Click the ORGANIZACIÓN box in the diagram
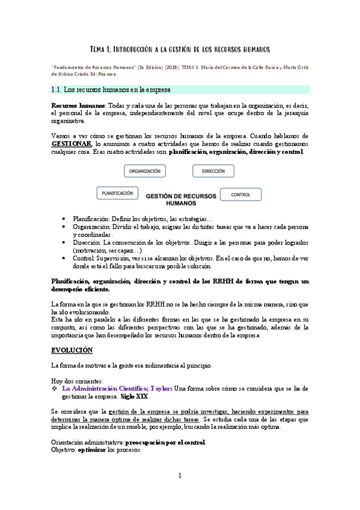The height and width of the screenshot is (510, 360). pos(145,171)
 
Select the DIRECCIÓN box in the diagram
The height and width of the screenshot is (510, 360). pos(213,171)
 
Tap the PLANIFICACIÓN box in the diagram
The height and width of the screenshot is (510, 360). pos(117,194)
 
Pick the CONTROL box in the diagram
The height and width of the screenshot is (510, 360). pos(240,194)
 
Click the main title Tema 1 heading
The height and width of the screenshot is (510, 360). pos(180,48)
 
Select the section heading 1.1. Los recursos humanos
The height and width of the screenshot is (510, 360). pos(111,90)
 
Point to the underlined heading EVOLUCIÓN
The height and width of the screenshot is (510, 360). pos(72,349)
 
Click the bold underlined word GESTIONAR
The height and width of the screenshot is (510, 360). pos(72,144)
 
